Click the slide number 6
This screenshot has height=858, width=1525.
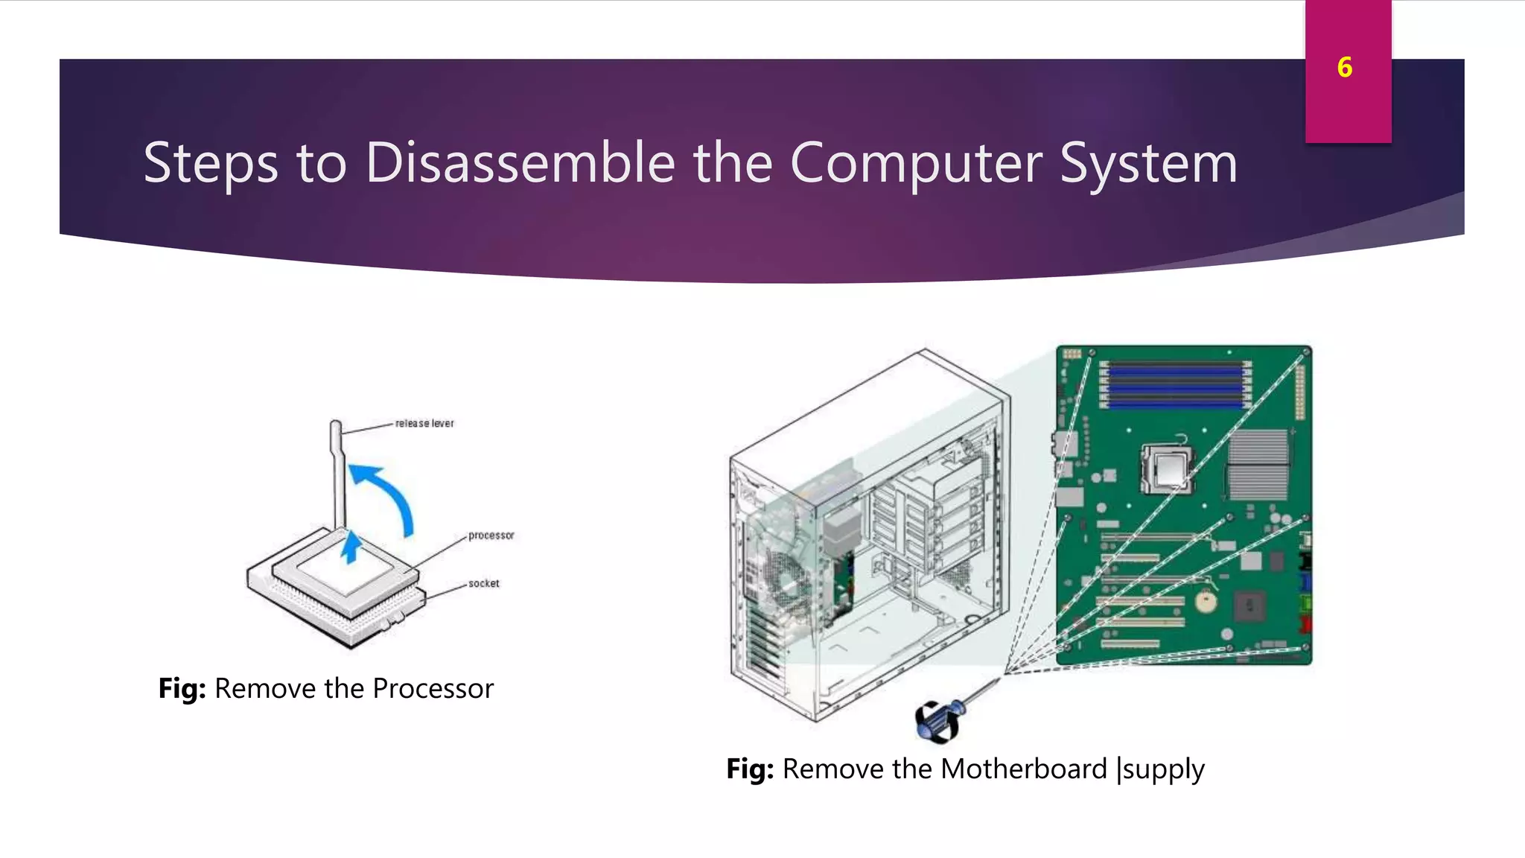(x=1344, y=68)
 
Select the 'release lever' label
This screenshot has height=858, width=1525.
(x=424, y=423)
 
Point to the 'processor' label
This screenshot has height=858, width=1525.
(x=491, y=535)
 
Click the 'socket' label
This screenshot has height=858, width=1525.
(x=483, y=583)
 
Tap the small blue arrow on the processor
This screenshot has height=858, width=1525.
(x=351, y=547)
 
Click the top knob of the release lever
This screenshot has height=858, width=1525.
(x=335, y=428)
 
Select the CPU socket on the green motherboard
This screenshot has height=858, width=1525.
(x=1168, y=470)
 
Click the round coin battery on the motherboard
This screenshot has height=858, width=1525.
(x=1206, y=600)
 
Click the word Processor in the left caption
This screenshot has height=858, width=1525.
(x=433, y=688)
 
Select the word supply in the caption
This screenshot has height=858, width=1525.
(x=1163, y=770)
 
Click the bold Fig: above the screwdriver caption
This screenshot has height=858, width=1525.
(x=750, y=769)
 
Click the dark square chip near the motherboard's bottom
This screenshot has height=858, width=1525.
(x=1249, y=606)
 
